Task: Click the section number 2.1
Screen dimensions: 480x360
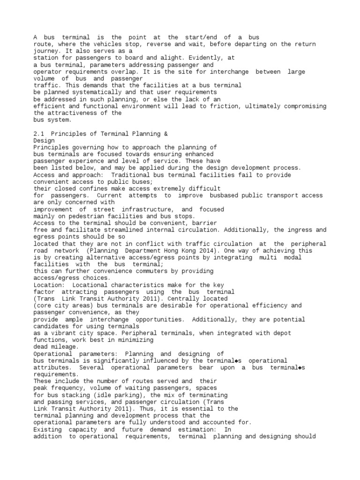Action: pos(39,134)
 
